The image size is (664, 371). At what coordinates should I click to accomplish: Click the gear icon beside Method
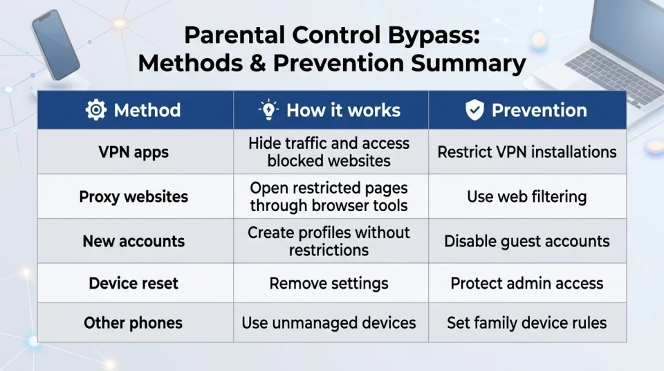coord(96,110)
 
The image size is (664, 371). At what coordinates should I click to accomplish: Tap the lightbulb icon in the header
coord(268,110)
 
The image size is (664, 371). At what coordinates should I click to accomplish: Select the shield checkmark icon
coord(474,110)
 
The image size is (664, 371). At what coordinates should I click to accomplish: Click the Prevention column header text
coord(539,110)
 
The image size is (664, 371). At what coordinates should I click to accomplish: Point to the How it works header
coord(344,110)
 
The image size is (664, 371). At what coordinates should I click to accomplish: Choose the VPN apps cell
coord(133,152)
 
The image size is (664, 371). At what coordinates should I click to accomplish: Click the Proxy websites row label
coord(133,197)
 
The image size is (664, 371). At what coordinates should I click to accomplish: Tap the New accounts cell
coord(133,242)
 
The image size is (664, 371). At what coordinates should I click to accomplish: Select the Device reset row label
coord(133,283)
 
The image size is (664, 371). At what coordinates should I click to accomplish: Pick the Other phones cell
coord(133,323)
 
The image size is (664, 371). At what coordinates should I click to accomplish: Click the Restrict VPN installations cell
coord(527,152)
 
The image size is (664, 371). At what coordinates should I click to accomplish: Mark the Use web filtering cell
coord(527,197)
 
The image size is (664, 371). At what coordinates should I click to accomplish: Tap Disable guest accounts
coord(527,242)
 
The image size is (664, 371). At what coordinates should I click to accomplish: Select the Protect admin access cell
coord(527,283)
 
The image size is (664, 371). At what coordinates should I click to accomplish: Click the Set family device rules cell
coord(527,323)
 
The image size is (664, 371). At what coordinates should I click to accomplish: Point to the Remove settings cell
coord(329,283)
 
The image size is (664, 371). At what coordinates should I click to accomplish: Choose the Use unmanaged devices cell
coord(329,323)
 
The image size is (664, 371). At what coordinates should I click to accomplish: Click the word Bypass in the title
coord(434,35)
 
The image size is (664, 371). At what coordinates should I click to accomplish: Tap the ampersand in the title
coord(258,63)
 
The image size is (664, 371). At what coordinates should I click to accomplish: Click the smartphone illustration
coord(55,44)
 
